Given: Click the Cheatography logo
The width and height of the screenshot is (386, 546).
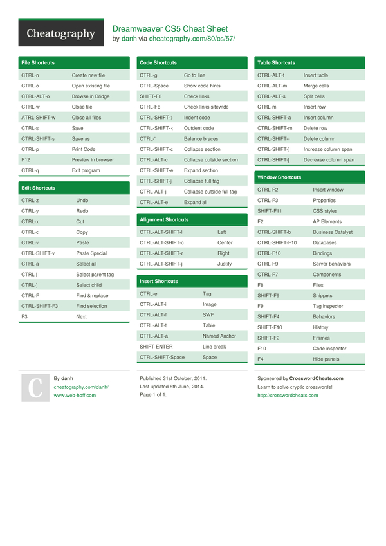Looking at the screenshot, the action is [60, 33].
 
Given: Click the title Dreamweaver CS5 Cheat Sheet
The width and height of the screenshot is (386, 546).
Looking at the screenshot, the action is [170, 29].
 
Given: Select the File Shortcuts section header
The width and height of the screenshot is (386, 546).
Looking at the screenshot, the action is [38, 63].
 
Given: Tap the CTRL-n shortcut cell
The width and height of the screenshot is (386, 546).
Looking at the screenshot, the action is [30, 75].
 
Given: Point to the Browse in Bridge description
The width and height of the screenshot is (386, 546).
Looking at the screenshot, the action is [91, 96].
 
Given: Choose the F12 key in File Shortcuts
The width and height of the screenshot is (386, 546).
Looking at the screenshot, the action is [26, 159].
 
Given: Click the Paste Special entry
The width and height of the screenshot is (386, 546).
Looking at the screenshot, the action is [91, 253].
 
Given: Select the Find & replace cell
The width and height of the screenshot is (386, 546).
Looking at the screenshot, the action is [92, 296].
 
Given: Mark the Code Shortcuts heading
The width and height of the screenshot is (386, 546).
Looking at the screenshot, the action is [158, 63].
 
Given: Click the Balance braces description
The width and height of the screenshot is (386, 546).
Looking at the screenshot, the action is [201, 139].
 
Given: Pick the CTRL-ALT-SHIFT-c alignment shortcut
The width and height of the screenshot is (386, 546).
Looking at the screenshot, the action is [161, 243].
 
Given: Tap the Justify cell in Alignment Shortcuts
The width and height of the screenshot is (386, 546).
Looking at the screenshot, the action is [225, 264].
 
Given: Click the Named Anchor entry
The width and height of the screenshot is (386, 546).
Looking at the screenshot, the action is [219, 336].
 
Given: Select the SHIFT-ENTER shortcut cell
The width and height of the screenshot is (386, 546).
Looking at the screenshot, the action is [156, 347].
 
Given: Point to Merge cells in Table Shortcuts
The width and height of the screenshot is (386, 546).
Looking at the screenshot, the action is [316, 86].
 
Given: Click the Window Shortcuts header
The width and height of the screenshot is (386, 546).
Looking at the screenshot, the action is [279, 177].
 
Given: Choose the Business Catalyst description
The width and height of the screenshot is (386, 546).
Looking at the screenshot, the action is [333, 232].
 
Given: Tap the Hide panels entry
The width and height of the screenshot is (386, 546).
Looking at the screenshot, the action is [326, 359].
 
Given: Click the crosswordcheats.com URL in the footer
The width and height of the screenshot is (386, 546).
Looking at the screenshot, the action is [288, 396].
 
